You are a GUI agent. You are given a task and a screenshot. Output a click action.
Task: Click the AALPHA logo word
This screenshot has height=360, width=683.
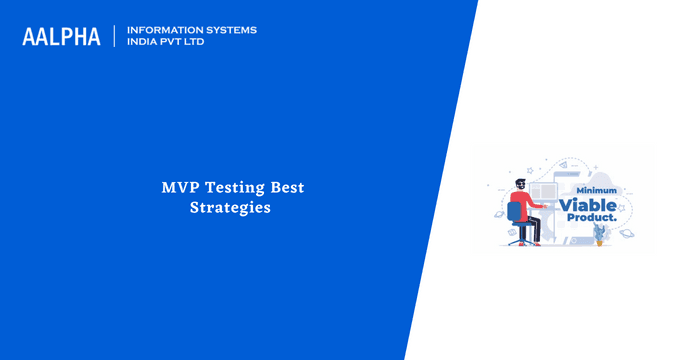click(61, 37)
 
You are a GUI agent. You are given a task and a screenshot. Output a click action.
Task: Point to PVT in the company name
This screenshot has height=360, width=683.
click(177, 43)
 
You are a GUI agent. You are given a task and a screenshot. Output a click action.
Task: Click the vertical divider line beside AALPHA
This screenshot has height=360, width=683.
click(116, 37)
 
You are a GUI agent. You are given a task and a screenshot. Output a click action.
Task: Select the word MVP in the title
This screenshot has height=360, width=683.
click(180, 187)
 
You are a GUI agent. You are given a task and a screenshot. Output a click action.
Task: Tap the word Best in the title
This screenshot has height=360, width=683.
click(288, 187)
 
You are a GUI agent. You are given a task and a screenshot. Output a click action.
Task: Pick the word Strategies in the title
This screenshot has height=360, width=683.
click(230, 209)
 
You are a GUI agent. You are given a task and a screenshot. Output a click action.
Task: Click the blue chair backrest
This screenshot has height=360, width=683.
click(514, 212)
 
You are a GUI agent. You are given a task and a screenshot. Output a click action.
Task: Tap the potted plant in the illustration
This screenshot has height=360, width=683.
click(600, 236)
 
